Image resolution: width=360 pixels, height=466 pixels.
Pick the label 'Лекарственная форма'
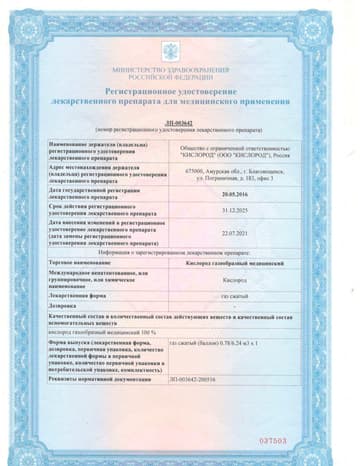(x=79, y=296)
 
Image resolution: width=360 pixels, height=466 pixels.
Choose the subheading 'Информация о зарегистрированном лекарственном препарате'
(x=180, y=251)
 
